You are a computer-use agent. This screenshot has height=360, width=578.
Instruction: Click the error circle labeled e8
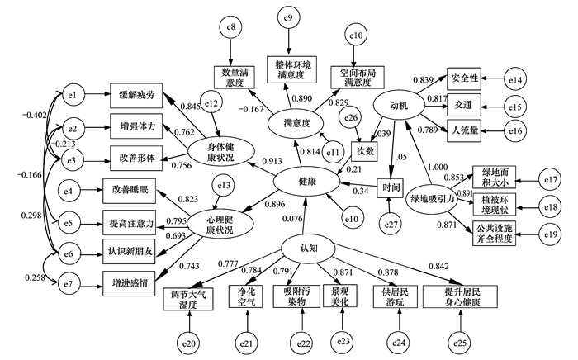[231, 27]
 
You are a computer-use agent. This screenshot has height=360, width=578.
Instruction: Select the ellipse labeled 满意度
[295, 123]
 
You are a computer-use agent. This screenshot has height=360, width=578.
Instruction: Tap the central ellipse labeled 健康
[306, 182]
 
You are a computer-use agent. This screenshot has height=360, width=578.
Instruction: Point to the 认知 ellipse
[308, 249]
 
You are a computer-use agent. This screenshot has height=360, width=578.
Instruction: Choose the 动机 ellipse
[399, 107]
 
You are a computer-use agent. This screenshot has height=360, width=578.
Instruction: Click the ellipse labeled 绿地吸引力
[432, 200]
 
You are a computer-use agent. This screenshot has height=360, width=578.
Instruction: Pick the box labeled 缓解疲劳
[136, 96]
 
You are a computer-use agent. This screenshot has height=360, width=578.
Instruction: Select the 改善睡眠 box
[130, 191]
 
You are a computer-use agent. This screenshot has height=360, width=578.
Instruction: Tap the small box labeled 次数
[364, 151]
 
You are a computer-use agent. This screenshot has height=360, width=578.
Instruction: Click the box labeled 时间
[390, 187]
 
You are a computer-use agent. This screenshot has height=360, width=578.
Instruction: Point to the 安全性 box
[464, 78]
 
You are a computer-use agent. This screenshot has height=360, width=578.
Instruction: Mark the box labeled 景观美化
[339, 296]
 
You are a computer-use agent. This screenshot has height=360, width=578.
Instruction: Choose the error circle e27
[391, 225]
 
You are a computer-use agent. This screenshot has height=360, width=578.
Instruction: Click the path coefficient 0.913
[272, 161]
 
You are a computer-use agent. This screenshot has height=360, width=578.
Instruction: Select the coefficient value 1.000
[438, 167]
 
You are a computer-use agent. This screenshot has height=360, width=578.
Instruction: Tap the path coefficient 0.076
[292, 219]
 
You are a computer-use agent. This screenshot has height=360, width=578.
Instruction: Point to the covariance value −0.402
[35, 116]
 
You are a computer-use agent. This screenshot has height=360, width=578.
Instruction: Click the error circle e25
[460, 343]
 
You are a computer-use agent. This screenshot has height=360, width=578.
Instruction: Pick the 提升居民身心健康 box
[460, 296]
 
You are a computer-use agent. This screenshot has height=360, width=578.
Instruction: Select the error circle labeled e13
[224, 185]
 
